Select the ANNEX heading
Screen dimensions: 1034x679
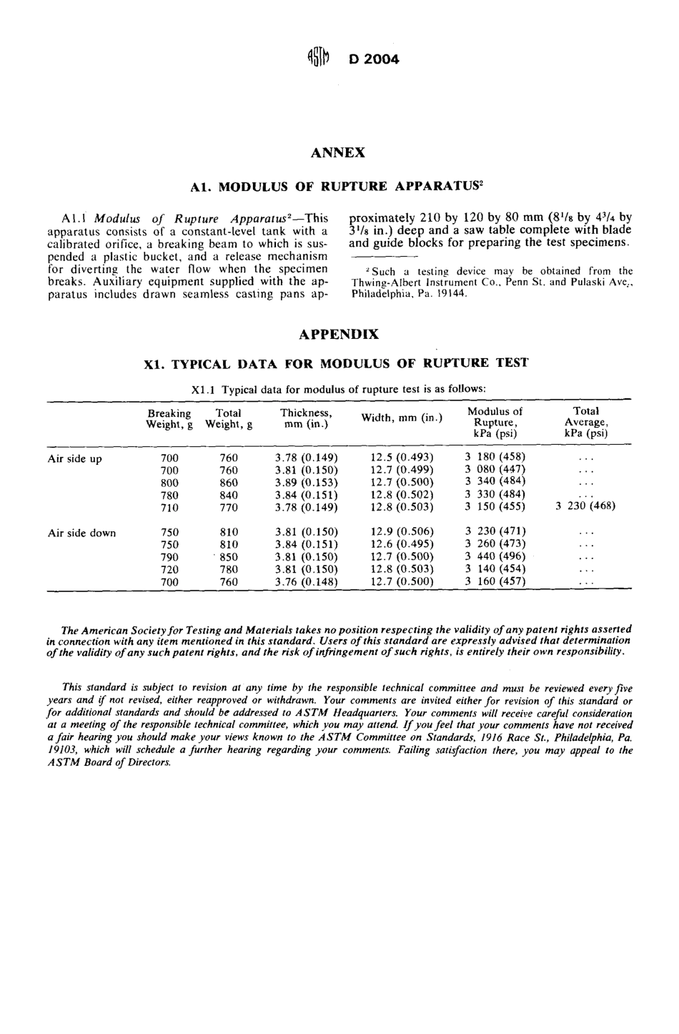tap(339, 152)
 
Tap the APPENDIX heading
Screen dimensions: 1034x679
tap(339, 334)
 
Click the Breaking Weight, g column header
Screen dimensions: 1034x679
tap(169, 419)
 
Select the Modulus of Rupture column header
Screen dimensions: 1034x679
tap(495, 422)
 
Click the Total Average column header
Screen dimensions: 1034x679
tap(585, 422)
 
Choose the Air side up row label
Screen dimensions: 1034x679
tap(74, 458)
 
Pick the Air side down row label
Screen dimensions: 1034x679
tap(81, 533)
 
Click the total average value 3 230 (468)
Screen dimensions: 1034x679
tap(585, 506)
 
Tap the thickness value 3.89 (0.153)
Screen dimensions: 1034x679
tap(306, 483)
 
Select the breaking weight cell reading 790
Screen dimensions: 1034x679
tap(169, 557)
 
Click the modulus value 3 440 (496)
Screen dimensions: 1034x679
tap(495, 557)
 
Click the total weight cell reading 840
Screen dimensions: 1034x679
tap(228, 495)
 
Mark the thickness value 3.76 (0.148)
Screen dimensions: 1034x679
tap(306, 581)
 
